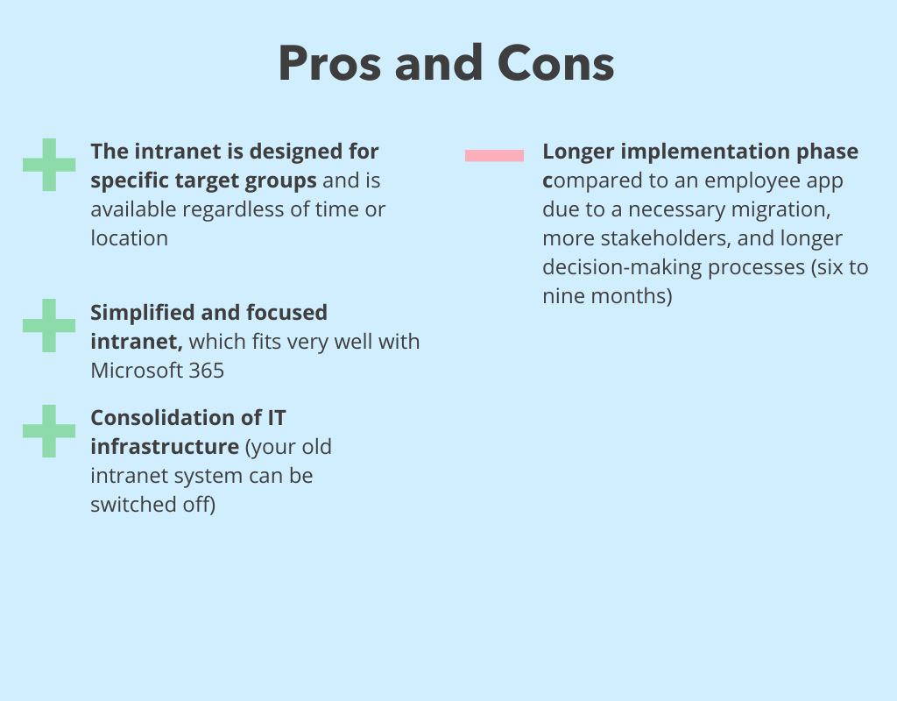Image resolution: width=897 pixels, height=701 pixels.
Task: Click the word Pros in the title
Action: point(329,63)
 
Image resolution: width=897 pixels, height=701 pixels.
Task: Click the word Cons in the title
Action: point(555,63)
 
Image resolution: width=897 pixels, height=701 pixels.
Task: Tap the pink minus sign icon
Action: point(494,156)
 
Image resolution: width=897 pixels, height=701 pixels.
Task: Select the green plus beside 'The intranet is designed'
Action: point(49,165)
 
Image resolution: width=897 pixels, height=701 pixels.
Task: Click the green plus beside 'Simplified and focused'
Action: point(49,326)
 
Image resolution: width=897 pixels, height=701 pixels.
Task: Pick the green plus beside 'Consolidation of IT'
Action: point(49,431)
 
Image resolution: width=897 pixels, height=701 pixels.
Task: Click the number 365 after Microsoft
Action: point(206,371)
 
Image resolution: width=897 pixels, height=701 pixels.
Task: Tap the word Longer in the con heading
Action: point(578,152)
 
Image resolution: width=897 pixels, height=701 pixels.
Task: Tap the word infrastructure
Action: point(165,446)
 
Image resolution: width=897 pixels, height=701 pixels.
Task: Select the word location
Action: point(130,238)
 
